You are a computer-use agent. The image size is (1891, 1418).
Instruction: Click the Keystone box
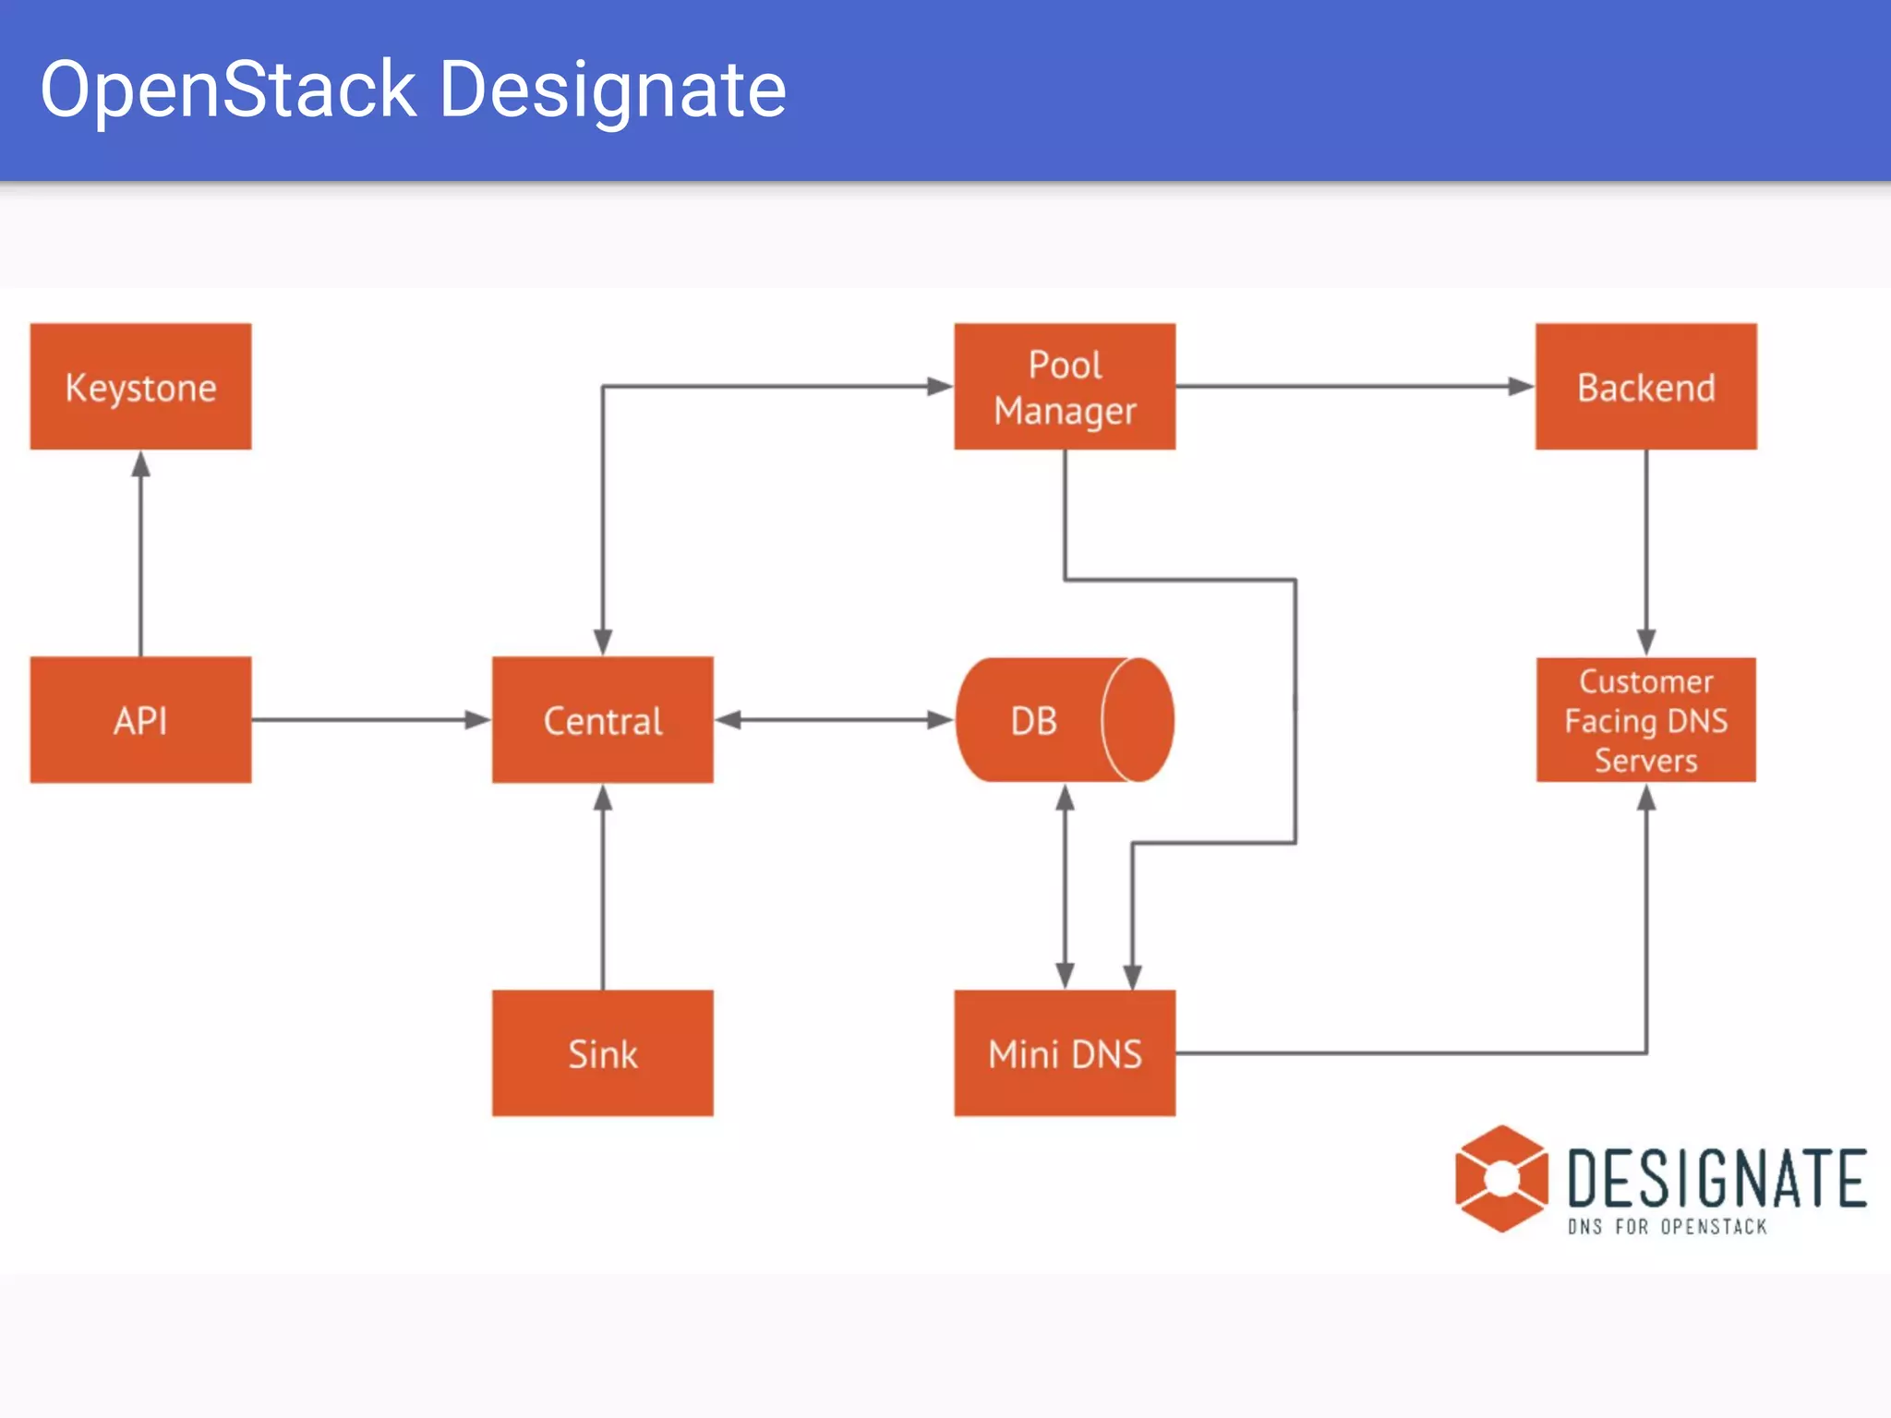[140, 387]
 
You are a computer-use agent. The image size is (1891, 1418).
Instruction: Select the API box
[140, 720]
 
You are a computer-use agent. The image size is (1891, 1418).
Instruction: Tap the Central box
[602, 720]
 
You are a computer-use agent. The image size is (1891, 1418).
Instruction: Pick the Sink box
[602, 1053]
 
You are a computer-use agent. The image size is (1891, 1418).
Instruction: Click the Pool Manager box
[1065, 387]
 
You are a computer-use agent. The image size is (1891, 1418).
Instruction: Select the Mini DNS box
[1065, 1053]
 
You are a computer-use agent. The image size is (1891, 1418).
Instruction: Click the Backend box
[1645, 387]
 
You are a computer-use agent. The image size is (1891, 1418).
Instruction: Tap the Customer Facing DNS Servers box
[1645, 720]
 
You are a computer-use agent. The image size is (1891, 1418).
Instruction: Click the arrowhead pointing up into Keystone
[140, 463]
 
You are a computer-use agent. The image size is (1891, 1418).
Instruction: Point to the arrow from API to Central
[369, 719]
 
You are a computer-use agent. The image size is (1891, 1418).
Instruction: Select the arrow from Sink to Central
[603, 886]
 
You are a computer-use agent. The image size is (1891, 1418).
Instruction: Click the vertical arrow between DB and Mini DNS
[1065, 886]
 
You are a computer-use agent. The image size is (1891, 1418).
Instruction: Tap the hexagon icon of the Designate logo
[1501, 1179]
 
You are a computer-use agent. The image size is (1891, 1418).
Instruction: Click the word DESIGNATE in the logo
[1716, 1178]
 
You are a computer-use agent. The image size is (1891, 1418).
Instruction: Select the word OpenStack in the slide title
[228, 90]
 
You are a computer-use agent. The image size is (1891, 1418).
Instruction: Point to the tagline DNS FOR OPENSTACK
[1667, 1227]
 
